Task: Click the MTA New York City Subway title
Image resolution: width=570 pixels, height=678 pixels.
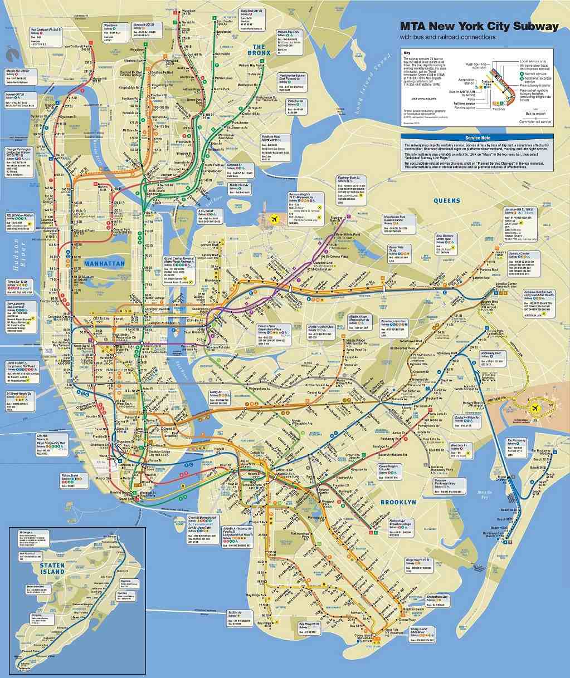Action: pos(479,26)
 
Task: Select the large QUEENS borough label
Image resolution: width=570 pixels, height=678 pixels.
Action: pos(447,201)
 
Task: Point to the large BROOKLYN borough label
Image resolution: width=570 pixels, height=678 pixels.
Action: pos(398,502)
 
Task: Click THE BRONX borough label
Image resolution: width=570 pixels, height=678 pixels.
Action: pos(259,50)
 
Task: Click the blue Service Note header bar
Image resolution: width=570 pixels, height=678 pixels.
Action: pos(478,137)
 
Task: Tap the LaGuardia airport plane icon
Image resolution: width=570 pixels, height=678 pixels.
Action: pos(274,219)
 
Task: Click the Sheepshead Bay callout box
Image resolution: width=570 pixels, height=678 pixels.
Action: pos(437,600)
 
